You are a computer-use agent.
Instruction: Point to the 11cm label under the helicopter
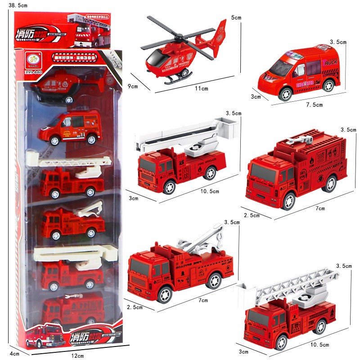[201, 89]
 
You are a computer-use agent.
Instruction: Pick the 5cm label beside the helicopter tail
[236, 18]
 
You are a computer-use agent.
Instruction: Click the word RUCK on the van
[331, 62]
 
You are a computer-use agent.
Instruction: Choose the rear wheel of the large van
[328, 85]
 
